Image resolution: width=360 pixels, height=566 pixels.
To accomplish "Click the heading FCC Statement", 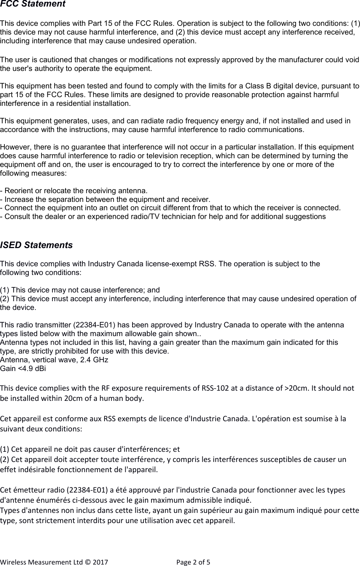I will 33,4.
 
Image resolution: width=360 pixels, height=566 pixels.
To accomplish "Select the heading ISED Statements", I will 36,245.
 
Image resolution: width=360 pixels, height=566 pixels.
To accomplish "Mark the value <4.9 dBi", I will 31,368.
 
